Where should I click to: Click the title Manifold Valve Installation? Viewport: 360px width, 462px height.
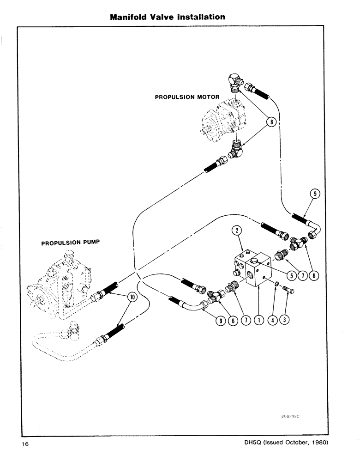coord(168,17)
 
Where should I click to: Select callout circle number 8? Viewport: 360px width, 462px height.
coord(272,122)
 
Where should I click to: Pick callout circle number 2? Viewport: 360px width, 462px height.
coord(235,230)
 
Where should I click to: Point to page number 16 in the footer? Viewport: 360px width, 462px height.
coord(25,444)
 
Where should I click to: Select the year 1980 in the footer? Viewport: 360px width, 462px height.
coord(318,442)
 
